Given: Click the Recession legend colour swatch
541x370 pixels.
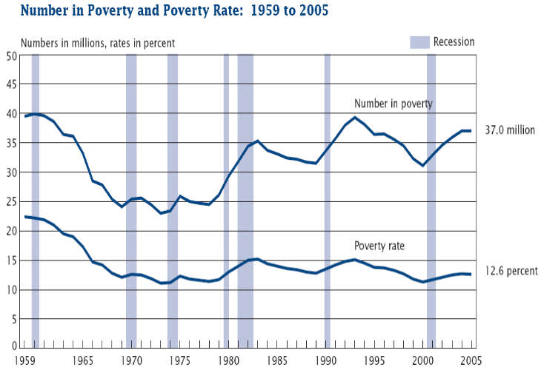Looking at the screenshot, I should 419,42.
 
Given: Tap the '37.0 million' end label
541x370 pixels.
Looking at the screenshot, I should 509,129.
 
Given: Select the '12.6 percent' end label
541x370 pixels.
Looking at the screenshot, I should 511,271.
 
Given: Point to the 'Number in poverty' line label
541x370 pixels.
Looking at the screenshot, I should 393,103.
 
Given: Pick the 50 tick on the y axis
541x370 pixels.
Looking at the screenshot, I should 13,55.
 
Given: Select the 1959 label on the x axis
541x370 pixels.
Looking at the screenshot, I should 27,361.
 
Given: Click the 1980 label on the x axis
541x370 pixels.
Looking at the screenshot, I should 228,361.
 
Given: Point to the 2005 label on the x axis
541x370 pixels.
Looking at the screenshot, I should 470,361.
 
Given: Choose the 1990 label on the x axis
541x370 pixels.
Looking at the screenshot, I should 325,361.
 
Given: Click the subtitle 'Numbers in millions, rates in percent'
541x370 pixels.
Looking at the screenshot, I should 98,42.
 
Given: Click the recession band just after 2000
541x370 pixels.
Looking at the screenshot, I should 431,200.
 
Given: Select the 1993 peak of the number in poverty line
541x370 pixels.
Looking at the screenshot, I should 355,118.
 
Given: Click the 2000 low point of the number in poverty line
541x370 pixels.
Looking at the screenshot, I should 422,166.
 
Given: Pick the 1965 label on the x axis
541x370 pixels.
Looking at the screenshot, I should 83,361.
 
